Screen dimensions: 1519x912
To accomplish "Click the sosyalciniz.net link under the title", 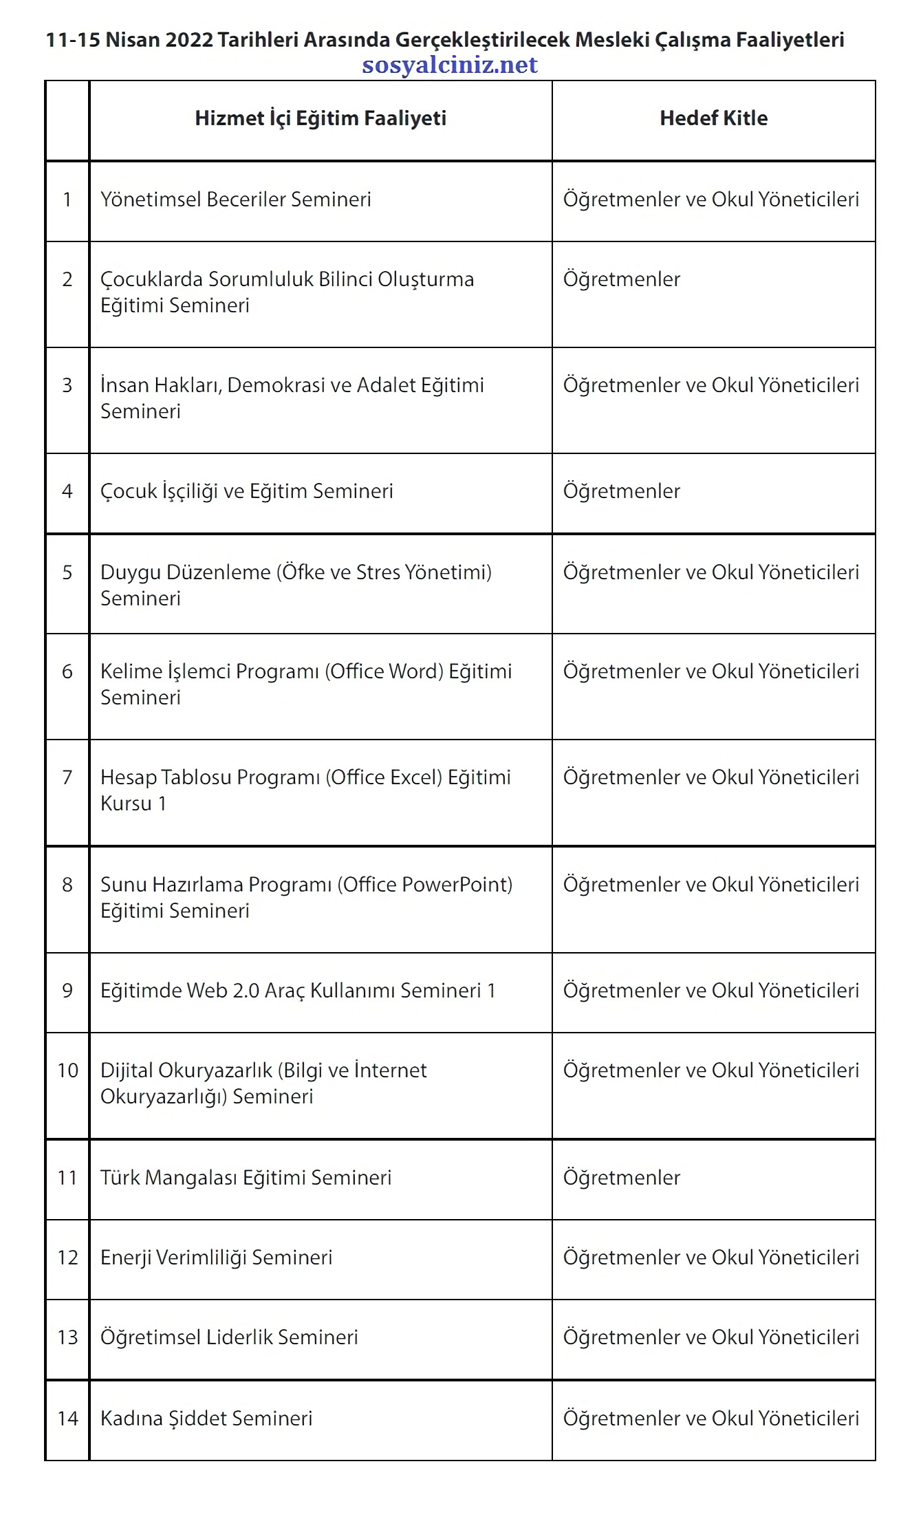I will point(449,65).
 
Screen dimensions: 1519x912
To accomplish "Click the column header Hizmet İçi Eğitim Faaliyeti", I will point(321,118).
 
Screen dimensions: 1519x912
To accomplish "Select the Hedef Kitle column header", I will point(713,118).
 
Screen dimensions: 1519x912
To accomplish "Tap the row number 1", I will point(67,200).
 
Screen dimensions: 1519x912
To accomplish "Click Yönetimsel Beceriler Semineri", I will point(236,200).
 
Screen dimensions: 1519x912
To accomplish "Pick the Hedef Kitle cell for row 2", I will point(622,280).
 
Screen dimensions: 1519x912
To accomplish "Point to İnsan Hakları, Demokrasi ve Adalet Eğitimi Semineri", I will point(292,398).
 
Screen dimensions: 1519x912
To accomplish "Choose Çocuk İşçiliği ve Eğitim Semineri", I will point(247,492).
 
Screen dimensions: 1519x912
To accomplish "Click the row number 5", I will point(67,573).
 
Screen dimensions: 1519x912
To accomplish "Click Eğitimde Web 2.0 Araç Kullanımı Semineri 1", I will point(298,991).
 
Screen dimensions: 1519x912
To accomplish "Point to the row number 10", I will point(67,1070).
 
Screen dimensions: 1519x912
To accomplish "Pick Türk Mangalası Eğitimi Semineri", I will point(246,1178).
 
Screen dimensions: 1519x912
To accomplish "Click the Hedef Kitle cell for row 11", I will point(622,1178).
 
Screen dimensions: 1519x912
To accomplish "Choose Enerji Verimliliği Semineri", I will point(217,1258).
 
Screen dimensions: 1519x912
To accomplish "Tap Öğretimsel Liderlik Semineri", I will point(229,1337).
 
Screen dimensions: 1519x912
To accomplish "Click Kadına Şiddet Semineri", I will point(206,1419).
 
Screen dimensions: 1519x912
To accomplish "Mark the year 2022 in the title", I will point(190,40).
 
